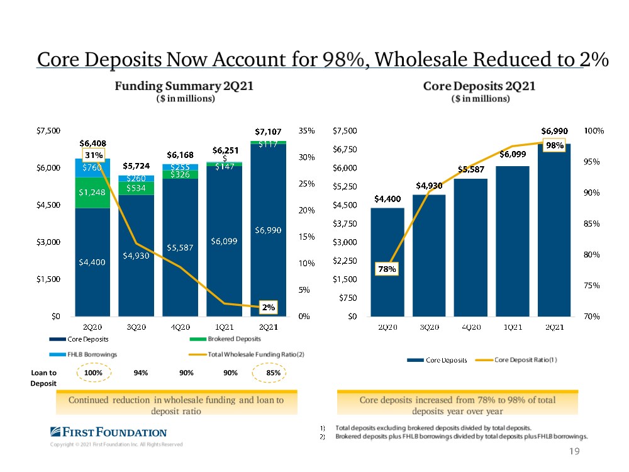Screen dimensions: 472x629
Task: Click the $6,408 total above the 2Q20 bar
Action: click(92, 143)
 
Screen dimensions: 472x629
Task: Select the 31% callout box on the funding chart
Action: click(94, 155)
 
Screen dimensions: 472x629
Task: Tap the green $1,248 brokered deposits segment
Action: click(92, 192)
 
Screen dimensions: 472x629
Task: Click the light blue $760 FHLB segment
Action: click(92, 167)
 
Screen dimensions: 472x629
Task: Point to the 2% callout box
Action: click(269, 307)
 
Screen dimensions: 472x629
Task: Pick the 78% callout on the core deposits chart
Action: click(387, 269)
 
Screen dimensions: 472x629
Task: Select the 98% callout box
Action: click(554, 145)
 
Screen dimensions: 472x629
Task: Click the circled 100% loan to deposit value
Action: click(93, 373)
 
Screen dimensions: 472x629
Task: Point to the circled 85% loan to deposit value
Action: click(273, 373)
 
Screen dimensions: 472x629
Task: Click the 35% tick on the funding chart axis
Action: click(306, 131)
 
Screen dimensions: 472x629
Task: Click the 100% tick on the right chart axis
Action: click(594, 131)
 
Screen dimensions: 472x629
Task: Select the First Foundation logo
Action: click(108, 432)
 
